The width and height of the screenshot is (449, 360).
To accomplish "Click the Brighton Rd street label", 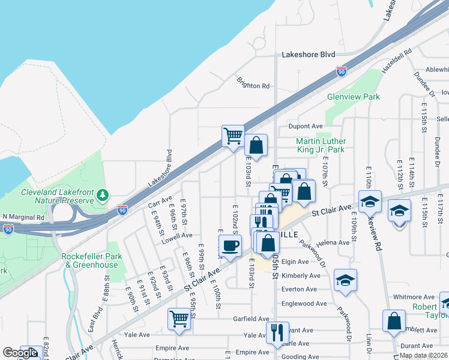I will point(253,86).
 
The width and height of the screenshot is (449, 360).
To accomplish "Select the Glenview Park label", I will point(354,97).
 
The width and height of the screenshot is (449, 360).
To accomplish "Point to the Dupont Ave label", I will point(306,127).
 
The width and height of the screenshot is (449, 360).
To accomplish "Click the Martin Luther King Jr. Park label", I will point(321,145).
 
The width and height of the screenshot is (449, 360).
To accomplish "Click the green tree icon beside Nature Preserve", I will point(103,195).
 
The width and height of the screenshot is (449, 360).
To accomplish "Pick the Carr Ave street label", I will point(160,202).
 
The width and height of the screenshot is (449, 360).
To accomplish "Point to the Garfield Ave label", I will point(252,319).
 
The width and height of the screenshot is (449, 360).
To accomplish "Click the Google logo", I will point(20,353).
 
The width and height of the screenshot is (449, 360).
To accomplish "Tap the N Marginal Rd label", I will point(23,217).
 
